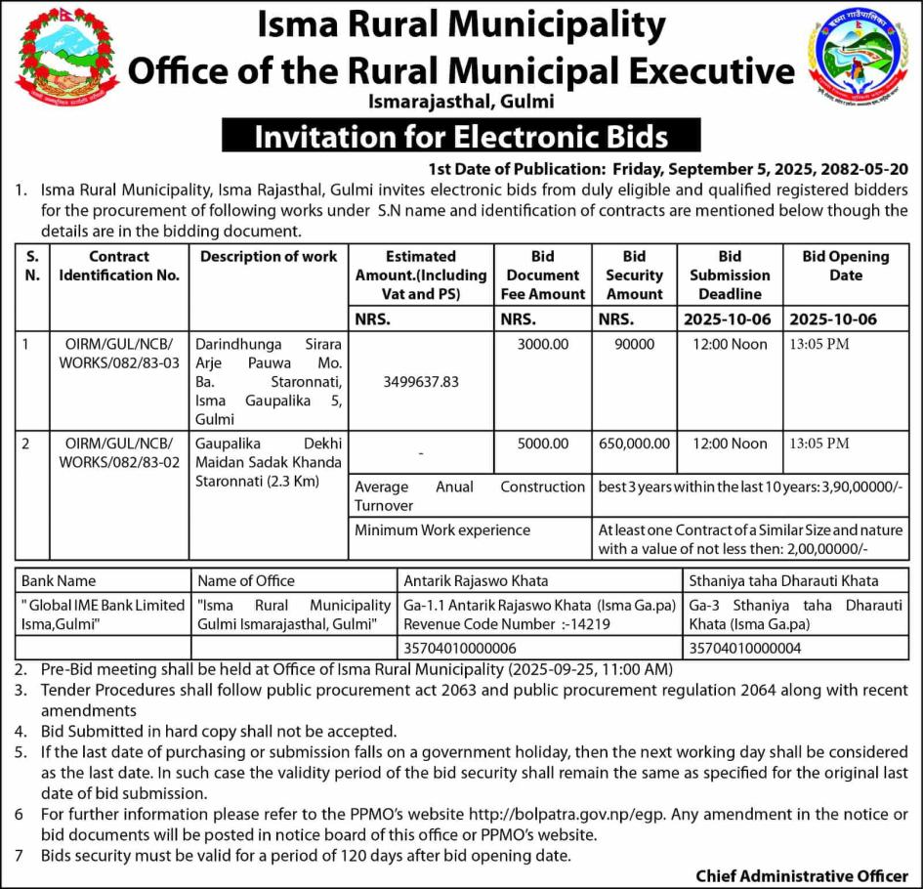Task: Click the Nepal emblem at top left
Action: coord(67,59)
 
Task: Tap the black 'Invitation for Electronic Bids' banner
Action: coord(461,136)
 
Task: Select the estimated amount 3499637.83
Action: coord(422,382)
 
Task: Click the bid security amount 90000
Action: coord(634,345)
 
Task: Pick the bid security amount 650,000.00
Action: coord(634,444)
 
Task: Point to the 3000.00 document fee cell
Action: coord(543,345)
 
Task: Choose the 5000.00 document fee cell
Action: coord(543,444)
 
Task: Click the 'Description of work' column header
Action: coord(269,257)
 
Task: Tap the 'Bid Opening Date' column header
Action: coord(845,266)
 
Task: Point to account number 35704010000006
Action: coord(460,648)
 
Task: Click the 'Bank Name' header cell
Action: coord(59,581)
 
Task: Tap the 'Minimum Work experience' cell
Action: coord(442,530)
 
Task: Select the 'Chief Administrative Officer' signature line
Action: coord(801,875)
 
